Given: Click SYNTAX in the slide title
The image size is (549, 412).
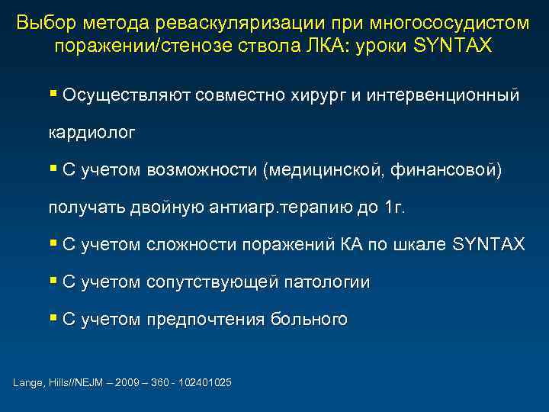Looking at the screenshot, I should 454,47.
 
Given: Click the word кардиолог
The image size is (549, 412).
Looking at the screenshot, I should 92,133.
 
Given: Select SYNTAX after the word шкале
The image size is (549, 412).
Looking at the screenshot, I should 488,245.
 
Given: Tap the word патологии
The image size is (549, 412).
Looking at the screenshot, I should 327,282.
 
